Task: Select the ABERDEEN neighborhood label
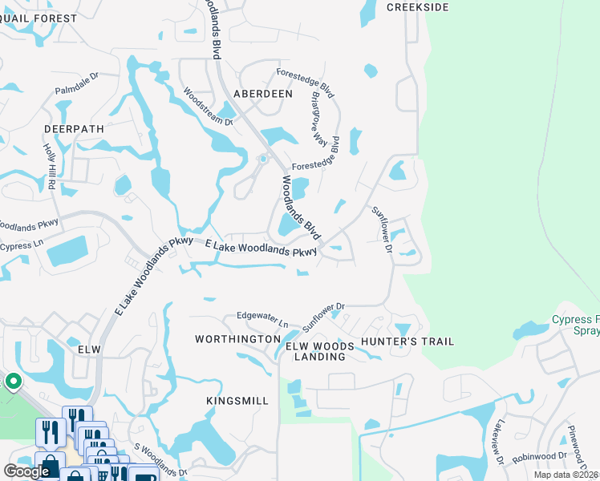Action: (262, 94)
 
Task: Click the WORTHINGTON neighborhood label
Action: (237, 340)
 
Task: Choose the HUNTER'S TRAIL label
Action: (407, 342)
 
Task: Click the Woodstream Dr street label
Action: (208, 107)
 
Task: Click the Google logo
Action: (27, 471)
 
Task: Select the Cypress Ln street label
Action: (22, 246)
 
